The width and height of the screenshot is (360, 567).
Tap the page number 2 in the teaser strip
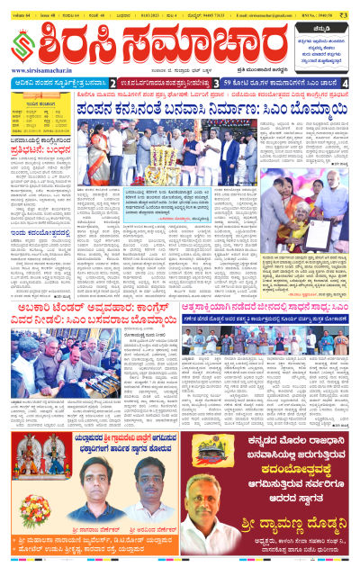(x=113, y=83)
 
